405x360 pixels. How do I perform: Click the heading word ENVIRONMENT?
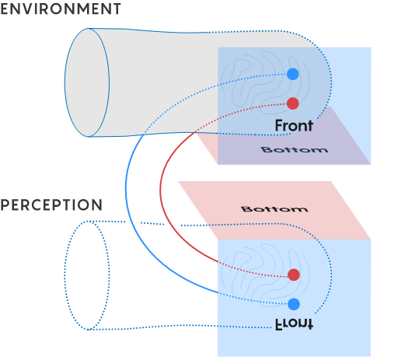point(61,9)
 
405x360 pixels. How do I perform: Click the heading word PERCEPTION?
point(51,205)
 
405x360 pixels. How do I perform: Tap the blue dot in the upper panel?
point(293,74)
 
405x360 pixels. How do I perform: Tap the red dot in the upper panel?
point(293,103)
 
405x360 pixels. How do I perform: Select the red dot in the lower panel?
point(294,274)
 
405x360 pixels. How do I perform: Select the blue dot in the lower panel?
point(294,304)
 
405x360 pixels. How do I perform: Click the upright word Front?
point(294,125)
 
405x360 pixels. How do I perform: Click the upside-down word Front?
point(294,324)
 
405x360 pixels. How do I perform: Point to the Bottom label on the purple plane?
point(295,149)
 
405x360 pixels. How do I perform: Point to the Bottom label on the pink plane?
point(274,209)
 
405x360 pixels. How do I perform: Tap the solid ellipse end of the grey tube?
point(65,82)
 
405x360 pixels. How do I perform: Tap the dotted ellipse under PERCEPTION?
point(65,275)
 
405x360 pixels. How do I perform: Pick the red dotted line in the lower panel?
point(253,271)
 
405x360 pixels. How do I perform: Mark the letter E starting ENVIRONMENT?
point(5,9)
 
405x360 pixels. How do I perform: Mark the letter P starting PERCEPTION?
point(5,205)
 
